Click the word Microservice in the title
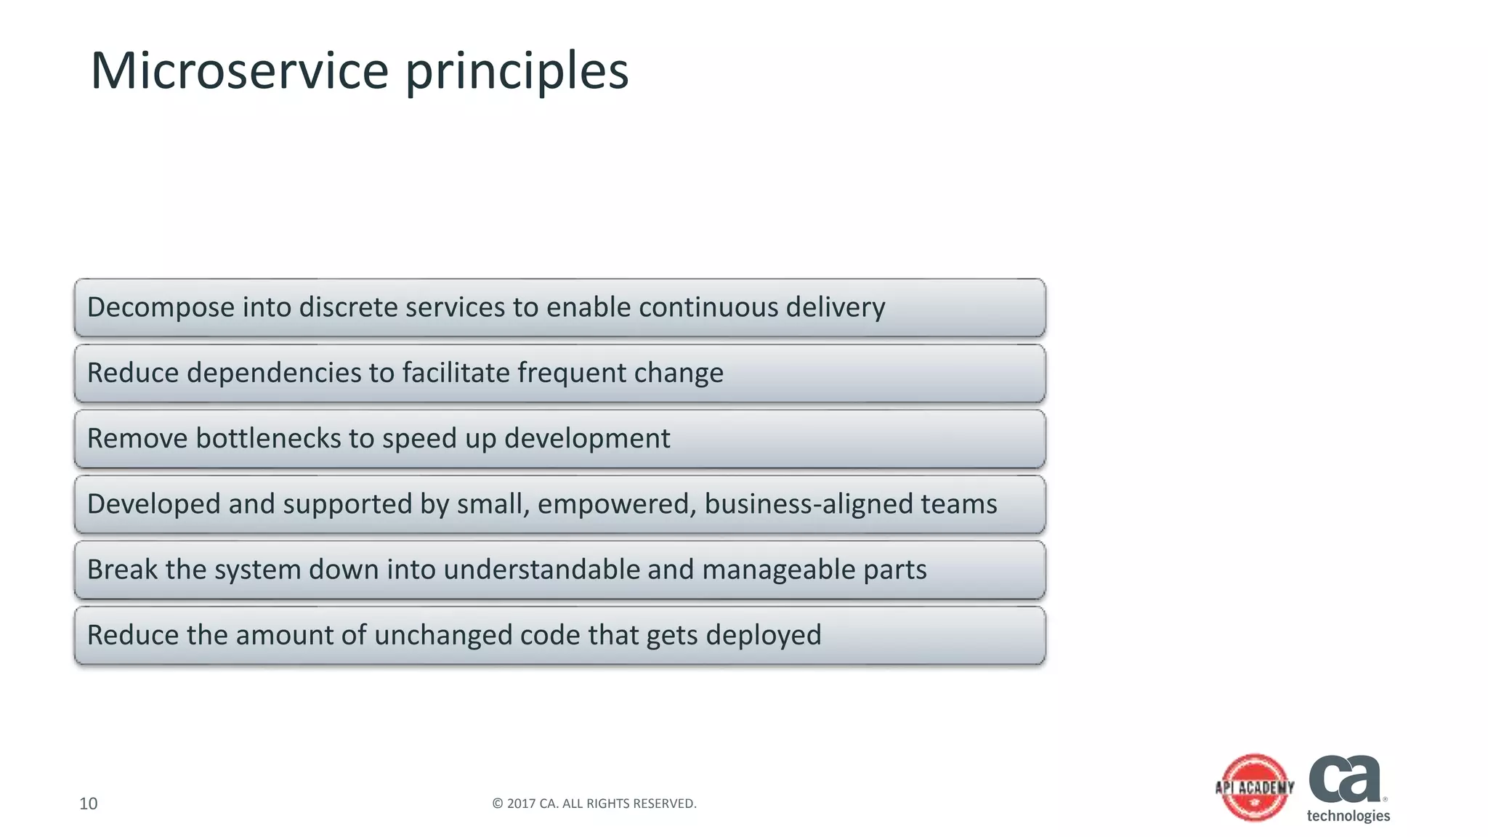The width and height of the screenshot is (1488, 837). [240, 71]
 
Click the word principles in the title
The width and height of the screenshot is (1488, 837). [517, 73]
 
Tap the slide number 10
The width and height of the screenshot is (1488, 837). [88, 804]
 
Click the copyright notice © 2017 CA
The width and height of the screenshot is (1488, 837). [594, 804]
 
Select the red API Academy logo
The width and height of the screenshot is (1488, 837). [1255, 788]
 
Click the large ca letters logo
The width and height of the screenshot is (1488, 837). [1345, 778]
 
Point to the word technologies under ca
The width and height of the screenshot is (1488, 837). [1348, 816]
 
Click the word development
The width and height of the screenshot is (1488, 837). [587, 439]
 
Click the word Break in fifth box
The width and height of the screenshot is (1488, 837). [122, 570]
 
